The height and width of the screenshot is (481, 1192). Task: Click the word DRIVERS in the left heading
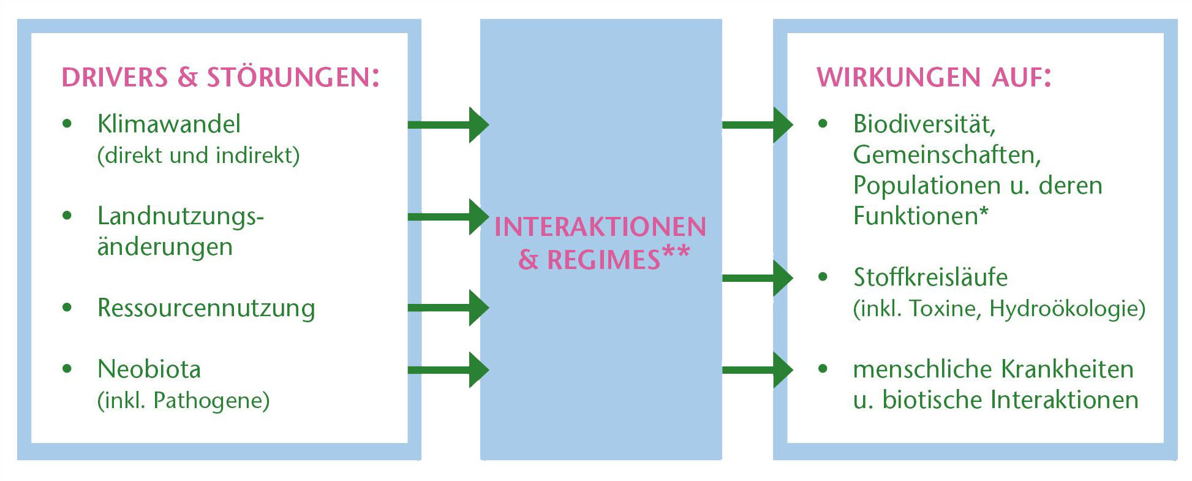click(x=115, y=78)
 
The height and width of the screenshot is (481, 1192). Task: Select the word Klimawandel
click(x=168, y=124)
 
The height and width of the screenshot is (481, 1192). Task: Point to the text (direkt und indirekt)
click(x=198, y=156)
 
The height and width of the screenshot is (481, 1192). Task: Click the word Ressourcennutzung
click(x=206, y=308)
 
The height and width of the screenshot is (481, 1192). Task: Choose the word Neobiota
click(x=149, y=369)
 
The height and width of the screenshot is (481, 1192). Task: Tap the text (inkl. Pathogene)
click(x=183, y=401)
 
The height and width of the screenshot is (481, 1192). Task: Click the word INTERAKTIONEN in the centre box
click(x=600, y=227)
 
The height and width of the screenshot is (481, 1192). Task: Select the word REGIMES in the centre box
click(x=603, y=260)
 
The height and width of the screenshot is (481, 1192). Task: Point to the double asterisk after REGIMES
click(x=677, y=252)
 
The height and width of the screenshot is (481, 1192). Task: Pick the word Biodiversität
click(x=924, y=124)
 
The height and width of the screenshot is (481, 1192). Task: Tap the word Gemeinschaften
click(x=946, y=155)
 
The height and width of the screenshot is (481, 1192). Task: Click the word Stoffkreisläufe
click(x=930, y=278)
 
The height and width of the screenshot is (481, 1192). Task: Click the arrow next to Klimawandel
click(x=448, y=125)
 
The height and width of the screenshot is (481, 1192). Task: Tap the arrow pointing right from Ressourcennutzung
click(x=448, y=308)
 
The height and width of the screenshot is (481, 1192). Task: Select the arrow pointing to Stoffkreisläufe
click(x=757, y=278)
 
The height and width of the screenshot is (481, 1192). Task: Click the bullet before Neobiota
click(x=67, y=369)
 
